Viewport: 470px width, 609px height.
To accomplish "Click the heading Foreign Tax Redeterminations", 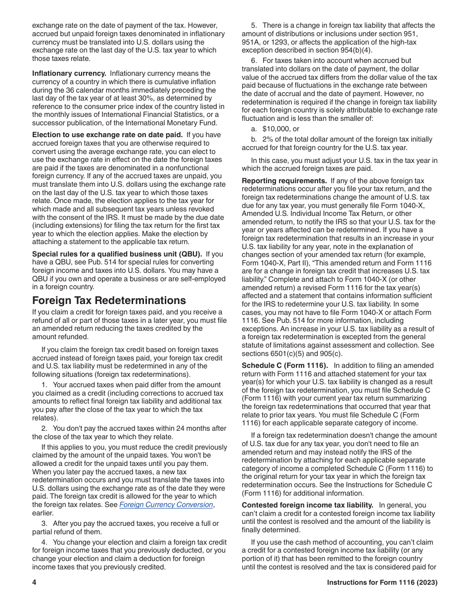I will pos(109,301).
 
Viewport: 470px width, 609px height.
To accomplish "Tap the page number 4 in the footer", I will pos(35,583).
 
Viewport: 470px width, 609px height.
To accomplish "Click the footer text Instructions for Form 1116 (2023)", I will pos(382,583).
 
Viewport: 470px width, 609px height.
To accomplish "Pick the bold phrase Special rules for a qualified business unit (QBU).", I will pos(117,254).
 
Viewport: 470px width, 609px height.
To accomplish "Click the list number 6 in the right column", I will pos(254,61).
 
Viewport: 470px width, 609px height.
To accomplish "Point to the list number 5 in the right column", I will pos(254,25).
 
